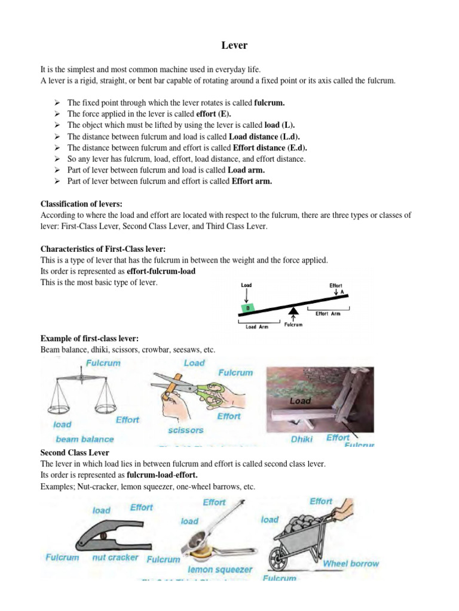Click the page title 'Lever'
(230, 45)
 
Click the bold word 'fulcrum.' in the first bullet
(270, 103)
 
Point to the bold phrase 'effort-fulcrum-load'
(161, 271)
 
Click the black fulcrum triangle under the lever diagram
(293, 311)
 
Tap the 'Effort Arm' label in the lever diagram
(328, 314)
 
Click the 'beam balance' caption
(84, 439)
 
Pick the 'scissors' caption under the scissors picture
(186, 430)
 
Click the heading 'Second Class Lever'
(75, 453)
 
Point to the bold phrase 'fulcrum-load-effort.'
(161, 476)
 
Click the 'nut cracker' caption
(115, 558)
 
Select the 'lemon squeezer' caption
(220, 570)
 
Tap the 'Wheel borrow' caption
(351, 563)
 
